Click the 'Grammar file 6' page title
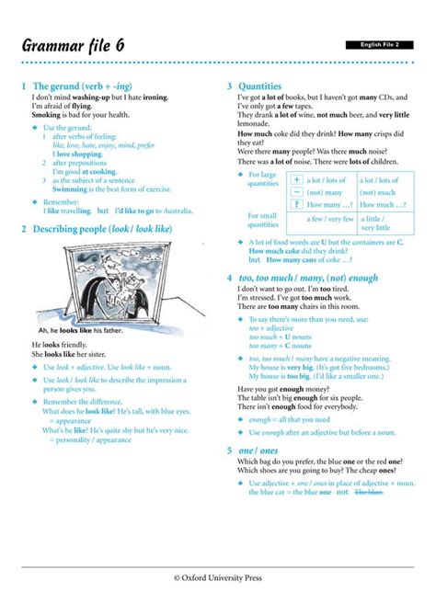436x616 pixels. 75,45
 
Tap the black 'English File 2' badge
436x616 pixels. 379,44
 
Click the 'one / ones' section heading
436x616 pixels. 261,451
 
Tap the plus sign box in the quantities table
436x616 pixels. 296,181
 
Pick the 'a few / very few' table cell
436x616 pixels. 330,220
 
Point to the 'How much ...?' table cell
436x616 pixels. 381,205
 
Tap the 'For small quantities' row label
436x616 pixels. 262,221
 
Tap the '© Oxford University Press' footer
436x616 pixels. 218,577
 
